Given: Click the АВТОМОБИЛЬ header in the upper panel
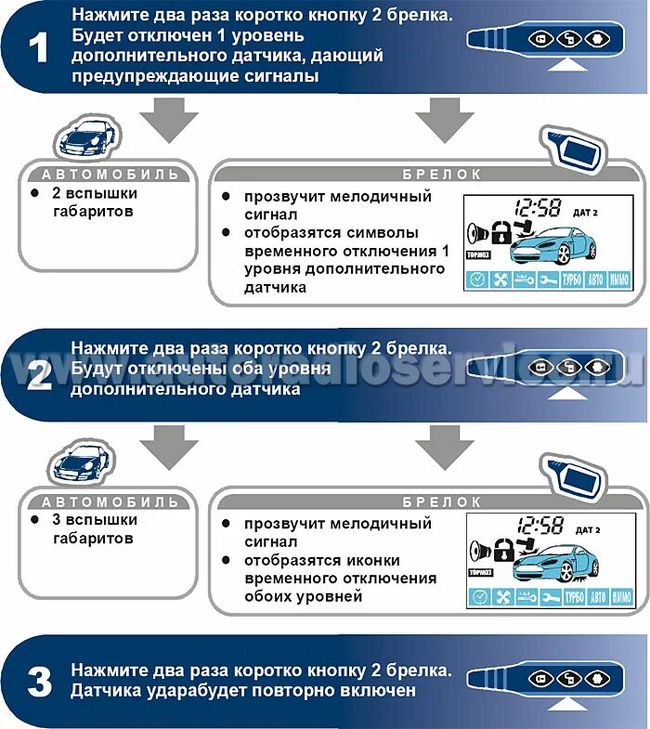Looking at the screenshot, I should tap(109, 174).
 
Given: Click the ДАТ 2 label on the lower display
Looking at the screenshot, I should tap(588, 530).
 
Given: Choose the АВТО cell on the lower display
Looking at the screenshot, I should tap(598, 597).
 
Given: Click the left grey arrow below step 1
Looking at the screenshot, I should tap(169, 121).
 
